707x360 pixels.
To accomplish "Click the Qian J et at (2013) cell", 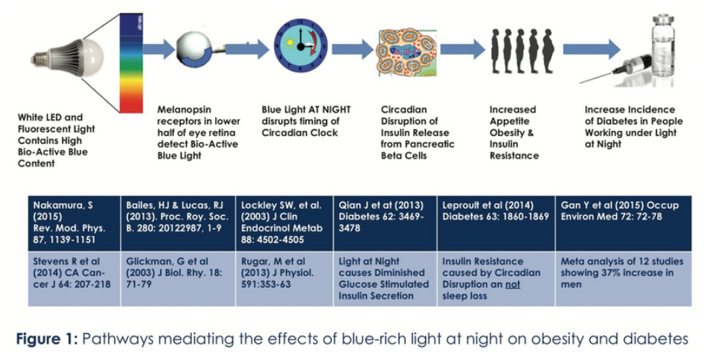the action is [x=384, y=222].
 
